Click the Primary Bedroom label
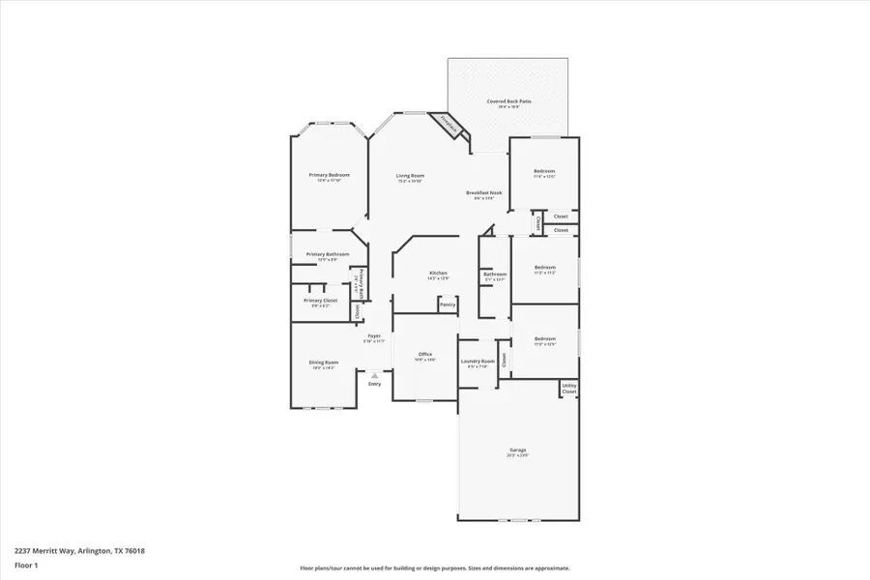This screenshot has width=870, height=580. pyautogui.click(x=329, y=175)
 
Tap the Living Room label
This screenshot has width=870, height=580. pyautogui.click(x=410, y=176)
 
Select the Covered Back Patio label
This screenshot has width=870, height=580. pyautogui.click(x=507, y=101)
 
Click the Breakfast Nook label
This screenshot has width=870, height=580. pyautogui.click(x=483, y=192)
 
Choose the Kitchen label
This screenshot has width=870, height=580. pyautogui.click(x=438, y=274)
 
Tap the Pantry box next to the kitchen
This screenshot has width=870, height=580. pyautogui.click(x=447, y=304)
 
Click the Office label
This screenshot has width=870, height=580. pyautogui.click(x=424, y=355)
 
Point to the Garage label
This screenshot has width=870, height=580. pyautogui.click(x=518, y=449)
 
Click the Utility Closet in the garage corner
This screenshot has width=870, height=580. pyautogui.click(x=569, y=389)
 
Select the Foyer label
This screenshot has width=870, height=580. pyautogui.click(x=373, y=335)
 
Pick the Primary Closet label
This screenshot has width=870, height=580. pyautogui.click(x=320, y=300)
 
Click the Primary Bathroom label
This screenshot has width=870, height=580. pyautogui.click(x=328, y=254)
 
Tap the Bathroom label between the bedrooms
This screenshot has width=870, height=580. pyautogui.click(x=495, y=274)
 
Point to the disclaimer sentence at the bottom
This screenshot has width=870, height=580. pyautogui.click(x=434, y=568)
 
